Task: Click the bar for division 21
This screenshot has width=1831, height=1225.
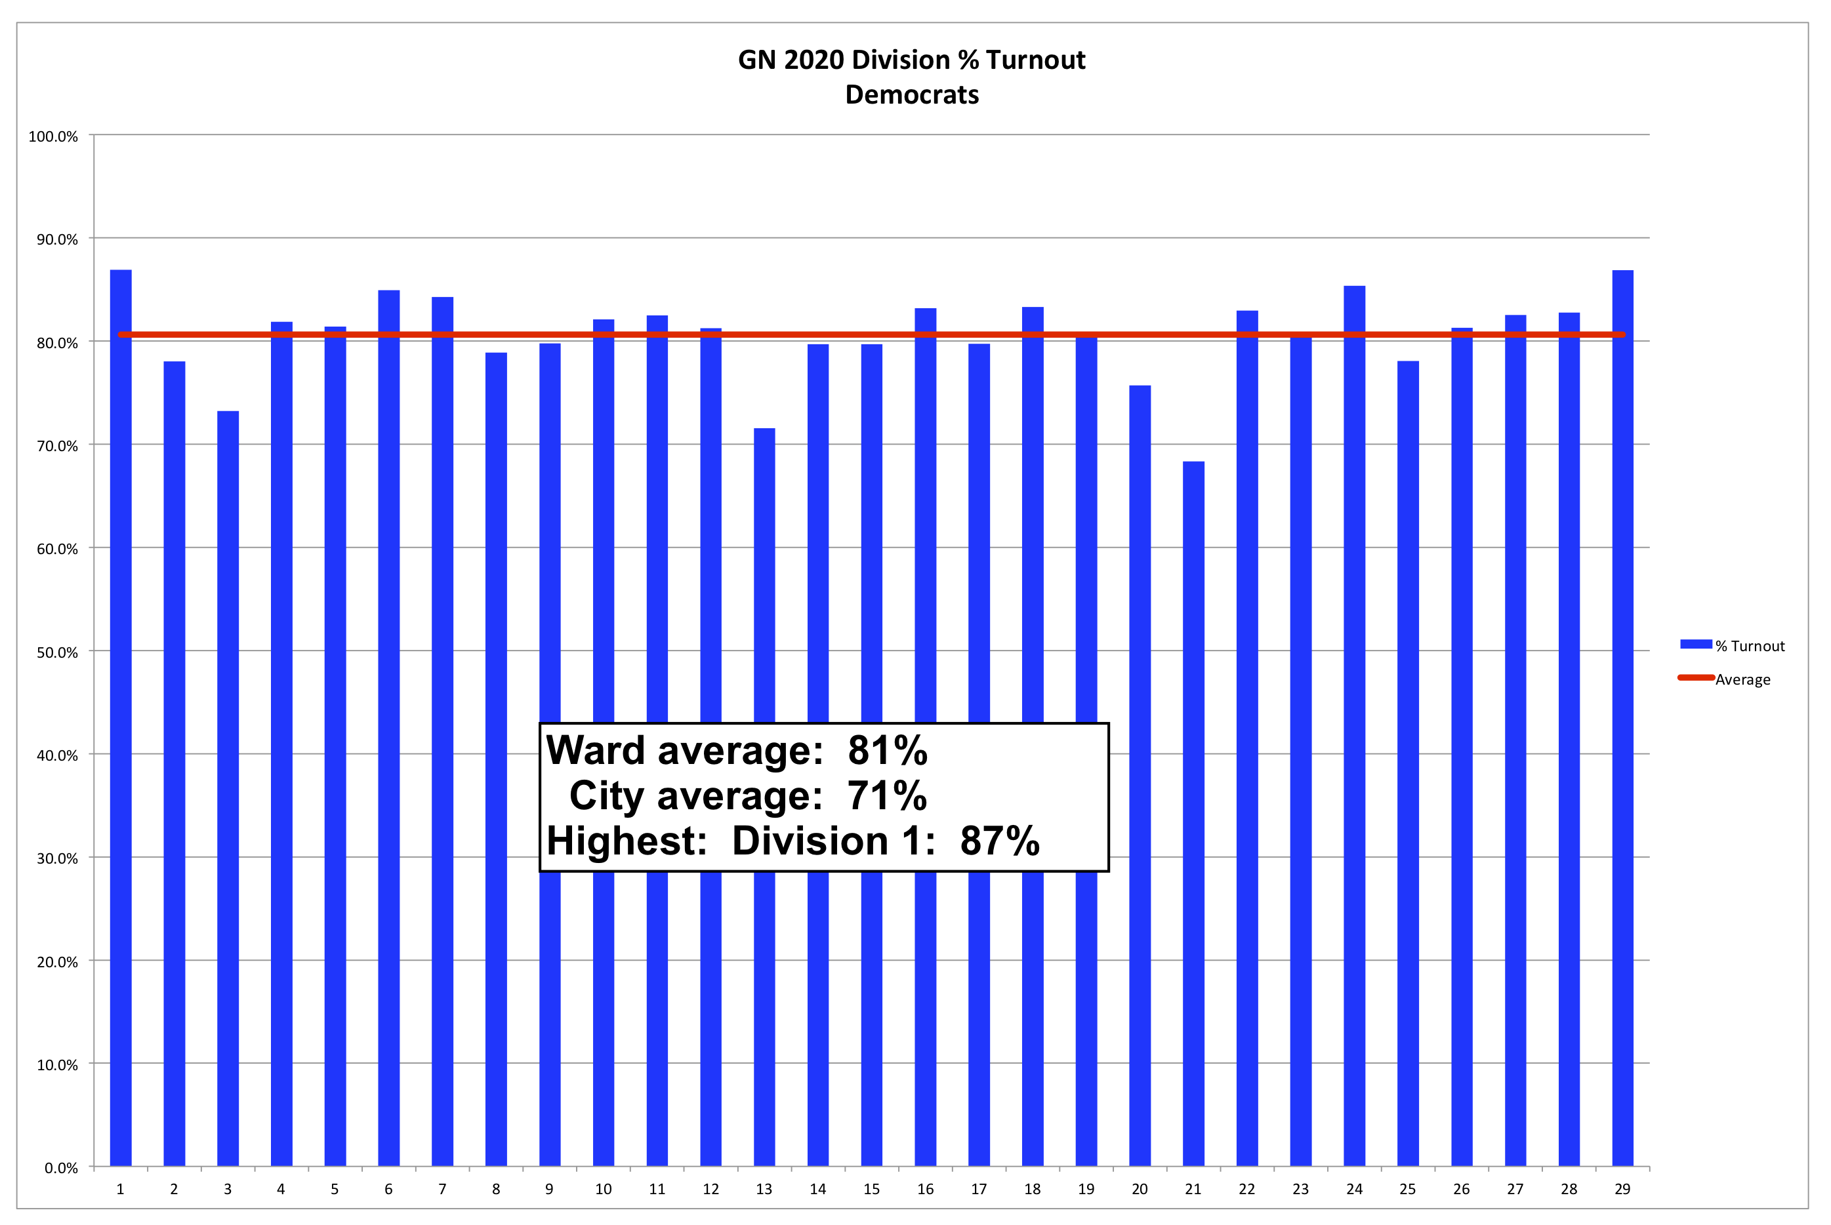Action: click(1193, 813)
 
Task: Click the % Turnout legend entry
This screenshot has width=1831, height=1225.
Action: click(1749, 646)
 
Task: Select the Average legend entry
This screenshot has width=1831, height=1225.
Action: click(1742, 679)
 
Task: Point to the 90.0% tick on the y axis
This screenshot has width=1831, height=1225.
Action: click(57, 239)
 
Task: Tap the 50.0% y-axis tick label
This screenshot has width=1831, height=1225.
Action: click(57, 653)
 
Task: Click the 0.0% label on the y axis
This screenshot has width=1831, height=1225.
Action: click(61, 1168)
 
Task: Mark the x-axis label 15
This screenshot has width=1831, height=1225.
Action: click(871, 1189)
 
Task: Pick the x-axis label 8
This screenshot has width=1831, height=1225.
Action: click(495, 1189)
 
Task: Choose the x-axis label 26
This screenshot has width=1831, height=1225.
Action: click(1462, 1189)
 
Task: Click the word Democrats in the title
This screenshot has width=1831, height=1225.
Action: click(912, 94)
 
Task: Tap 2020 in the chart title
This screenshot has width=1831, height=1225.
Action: click(813, 60)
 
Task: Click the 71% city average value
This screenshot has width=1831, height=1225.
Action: click(887, 796)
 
